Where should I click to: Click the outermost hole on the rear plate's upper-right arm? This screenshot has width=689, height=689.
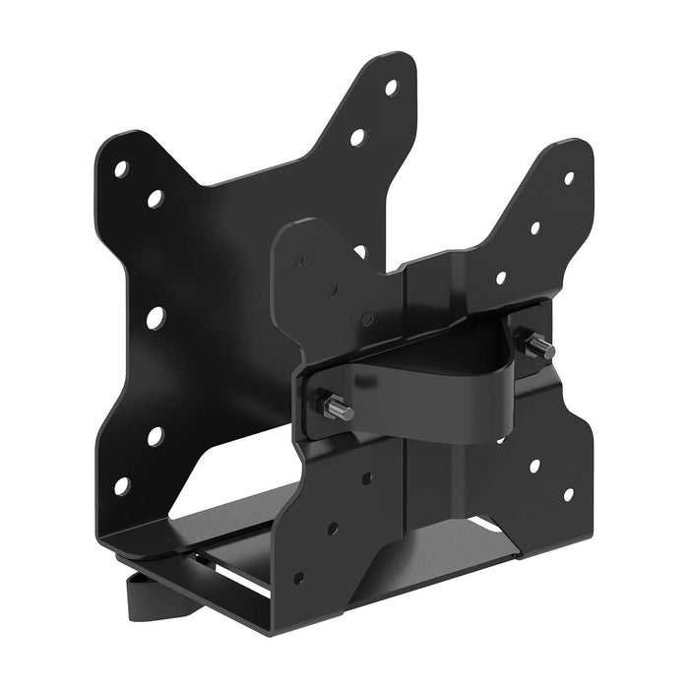click(391, 87)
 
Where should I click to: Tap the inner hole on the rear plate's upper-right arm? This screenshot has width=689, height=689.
click(357, 137)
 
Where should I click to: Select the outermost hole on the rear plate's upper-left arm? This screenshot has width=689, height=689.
click(121, 168)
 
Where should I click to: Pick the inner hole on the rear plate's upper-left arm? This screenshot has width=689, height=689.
click(155, 199)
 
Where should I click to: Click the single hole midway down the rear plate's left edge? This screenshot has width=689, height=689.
click(156, 317)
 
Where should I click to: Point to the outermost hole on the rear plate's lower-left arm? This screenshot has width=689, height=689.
click(121, 485)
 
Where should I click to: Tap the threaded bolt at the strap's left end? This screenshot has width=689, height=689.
click(338, 407)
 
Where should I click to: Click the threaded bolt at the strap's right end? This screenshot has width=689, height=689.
click(540, 346)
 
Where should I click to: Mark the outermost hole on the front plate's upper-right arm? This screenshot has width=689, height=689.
click(568, 178)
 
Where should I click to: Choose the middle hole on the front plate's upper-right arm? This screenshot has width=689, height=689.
click(535, 228)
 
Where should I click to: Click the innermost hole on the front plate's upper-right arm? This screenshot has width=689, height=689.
click(501, 278)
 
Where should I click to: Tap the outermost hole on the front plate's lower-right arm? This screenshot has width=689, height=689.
click(568, 494)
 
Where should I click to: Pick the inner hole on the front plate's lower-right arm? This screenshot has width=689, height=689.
click(534, 464)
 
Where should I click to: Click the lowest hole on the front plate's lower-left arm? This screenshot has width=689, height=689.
click(298, 577)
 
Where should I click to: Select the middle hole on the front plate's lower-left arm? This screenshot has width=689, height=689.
click(332, 529)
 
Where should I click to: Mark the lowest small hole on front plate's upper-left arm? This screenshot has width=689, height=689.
click(367, 319)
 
